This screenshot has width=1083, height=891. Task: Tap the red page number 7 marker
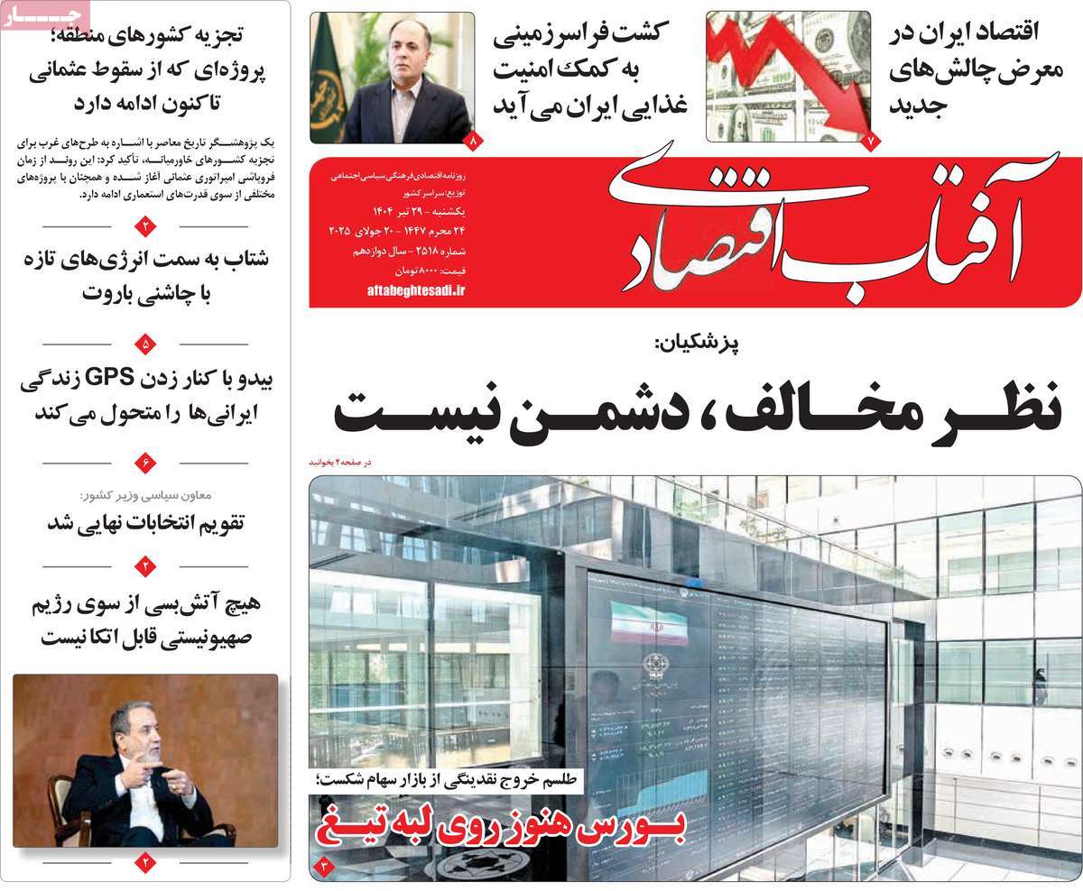tap(871, 142)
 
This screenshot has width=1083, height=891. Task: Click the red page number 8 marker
tap(475, 142)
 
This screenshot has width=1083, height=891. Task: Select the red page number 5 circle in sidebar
tap(146, 344)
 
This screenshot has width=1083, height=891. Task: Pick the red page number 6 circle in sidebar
tap(146, 463)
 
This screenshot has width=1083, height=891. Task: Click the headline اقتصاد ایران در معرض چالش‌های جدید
tap(965, 69)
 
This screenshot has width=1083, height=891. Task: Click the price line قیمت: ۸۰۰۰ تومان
tap(423, 271)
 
